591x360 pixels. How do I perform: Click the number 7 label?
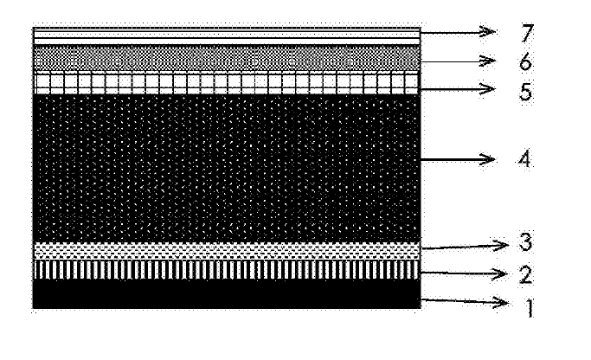(x=527, y=35)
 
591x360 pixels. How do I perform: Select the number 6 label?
(x=527, y=63)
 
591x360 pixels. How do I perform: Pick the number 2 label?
(x=527, y=275)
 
